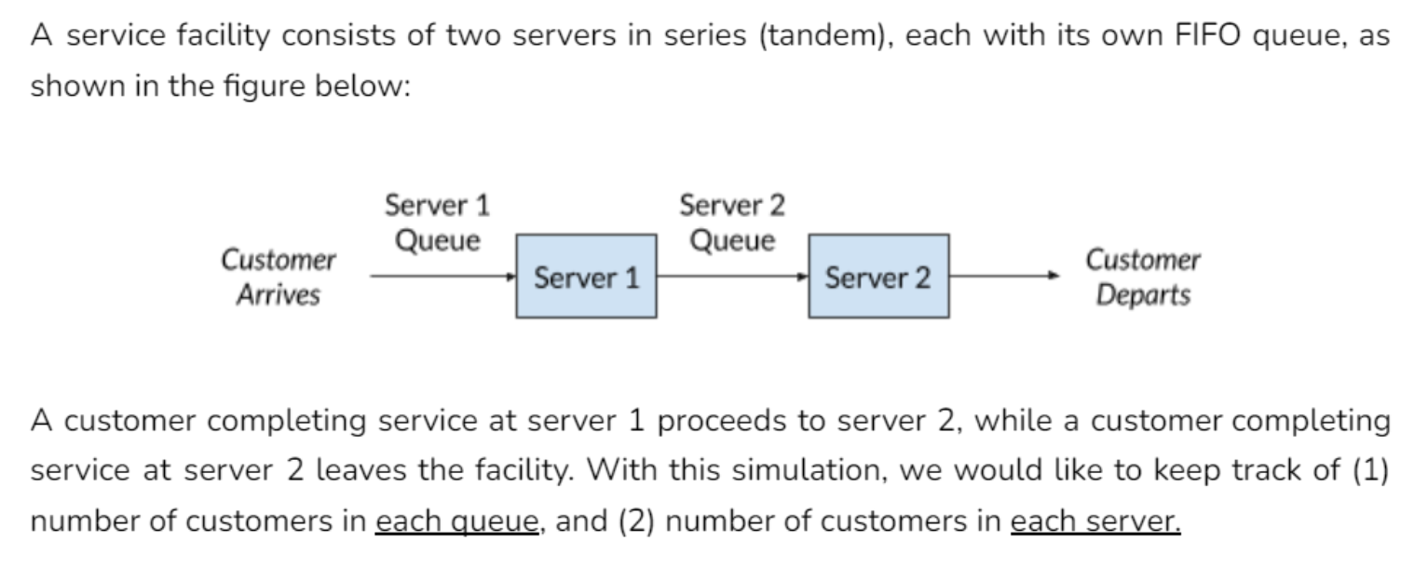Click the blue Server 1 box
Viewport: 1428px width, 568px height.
586,277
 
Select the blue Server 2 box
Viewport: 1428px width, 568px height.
878,277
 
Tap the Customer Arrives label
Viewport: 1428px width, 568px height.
278,277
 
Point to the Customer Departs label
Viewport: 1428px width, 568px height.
1143,277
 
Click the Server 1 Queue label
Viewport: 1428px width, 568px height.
438,223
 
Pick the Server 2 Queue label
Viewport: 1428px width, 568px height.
732,223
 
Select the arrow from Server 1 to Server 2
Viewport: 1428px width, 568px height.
732,277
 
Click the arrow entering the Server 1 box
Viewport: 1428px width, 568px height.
442,277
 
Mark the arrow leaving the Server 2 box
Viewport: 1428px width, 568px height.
1004,277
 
